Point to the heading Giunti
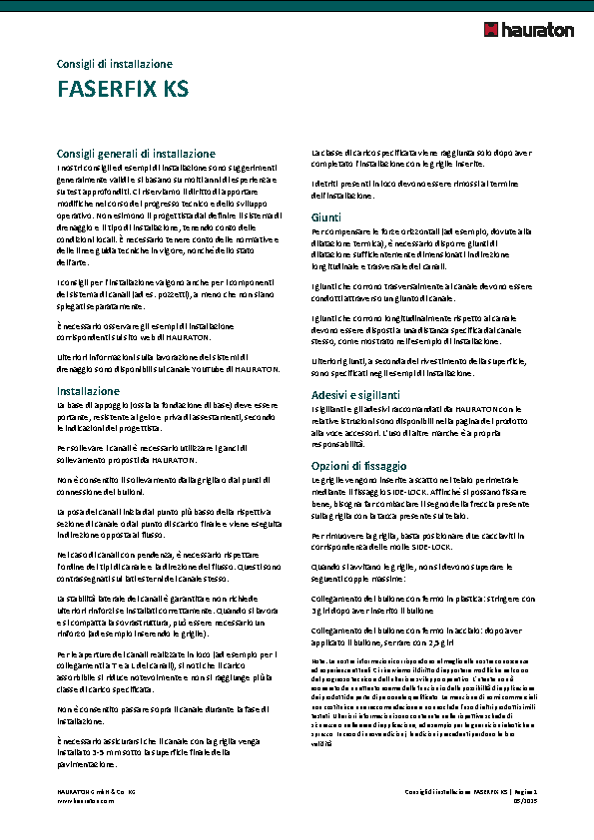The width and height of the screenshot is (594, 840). (326, 217)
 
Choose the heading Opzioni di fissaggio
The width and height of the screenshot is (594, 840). (359, 466)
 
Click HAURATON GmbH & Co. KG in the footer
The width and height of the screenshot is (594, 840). (96, 791)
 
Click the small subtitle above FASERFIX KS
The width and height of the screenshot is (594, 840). (115, 64)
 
